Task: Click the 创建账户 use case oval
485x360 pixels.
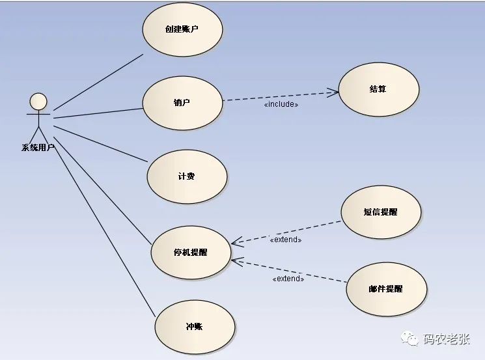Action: [x=183, y=29]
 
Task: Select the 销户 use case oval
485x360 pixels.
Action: [x=182, y=102]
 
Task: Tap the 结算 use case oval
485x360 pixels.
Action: [x=378, y=89]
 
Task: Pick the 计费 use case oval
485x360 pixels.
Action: [x=187, y=176]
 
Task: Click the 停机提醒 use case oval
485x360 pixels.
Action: [x=191, y=252]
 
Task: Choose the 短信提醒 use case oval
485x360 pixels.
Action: [x=381, y=212]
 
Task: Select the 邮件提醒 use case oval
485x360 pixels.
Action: [x=386, y=288]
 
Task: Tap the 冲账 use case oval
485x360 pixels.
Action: [x=194, y=326]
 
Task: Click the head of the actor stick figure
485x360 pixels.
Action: [x=39, y=102]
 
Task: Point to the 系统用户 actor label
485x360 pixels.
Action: [x=38, y=148]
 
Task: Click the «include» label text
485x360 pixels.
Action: [x=281, y=104]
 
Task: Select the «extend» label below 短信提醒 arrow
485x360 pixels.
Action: [x=286, y=240]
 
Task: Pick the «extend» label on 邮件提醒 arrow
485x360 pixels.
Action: [x=288, y=279]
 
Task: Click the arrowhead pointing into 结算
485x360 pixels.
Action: [x=334, y=92]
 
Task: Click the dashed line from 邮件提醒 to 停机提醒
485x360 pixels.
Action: [x=293, y=270]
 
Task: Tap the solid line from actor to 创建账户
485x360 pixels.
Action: [x=98, y=82]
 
